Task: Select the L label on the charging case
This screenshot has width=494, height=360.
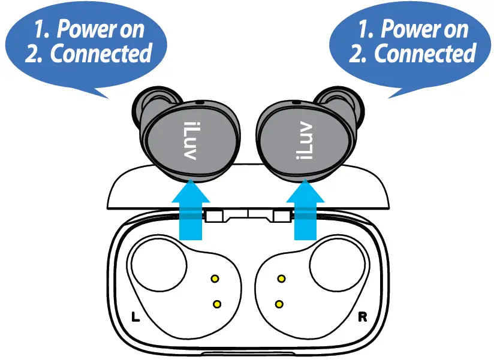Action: (135, 316)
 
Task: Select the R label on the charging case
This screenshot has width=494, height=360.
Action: (362, 316)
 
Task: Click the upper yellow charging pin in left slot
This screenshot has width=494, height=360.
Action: (215, 279)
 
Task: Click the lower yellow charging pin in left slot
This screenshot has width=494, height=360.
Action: (217, 304)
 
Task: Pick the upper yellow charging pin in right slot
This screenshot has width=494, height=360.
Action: (281, 279)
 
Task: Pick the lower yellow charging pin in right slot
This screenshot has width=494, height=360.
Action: (278, 304)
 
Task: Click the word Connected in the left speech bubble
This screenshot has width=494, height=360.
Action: (100, 54)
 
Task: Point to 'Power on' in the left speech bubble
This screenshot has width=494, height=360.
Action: (94, 28)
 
